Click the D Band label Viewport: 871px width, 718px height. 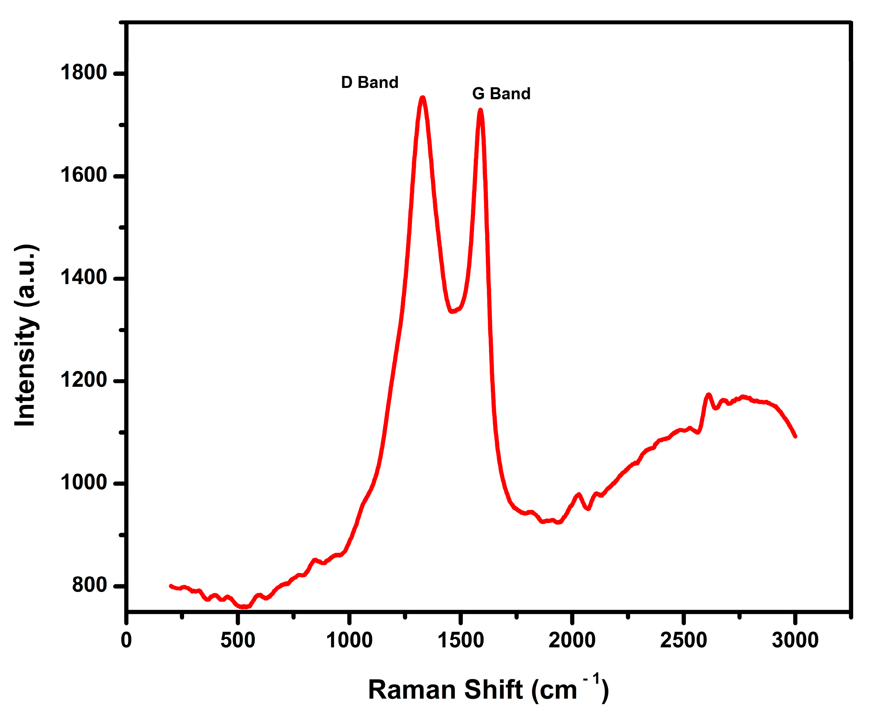[x=369, y=82]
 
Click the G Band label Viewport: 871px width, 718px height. [x=501, y=93]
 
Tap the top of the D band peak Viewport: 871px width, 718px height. [x=422, y=98]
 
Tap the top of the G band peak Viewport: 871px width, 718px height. [x=480, y=110]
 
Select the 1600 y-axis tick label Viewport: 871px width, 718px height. [x=83, y=175]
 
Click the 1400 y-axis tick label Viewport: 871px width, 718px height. [x=83, y=278]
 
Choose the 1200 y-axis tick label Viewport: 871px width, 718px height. [x=83, y=380]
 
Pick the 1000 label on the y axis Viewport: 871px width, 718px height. [x=83, y=483]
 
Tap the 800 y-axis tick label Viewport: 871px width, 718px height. [x=89, y=585]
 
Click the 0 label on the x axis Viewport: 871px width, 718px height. [x=126, y=640]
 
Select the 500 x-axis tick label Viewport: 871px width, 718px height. [x=237, y=640]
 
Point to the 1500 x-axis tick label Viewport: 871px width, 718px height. [x=460, y=640]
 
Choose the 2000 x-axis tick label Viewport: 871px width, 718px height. [x=572, y=640]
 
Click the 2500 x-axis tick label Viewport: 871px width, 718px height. [x=683, y=640]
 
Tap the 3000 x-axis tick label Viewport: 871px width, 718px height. [x=795, y=640]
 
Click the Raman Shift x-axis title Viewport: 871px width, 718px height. [x=488, y=689]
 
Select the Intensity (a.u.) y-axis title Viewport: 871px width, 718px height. [x=26, y=335]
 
